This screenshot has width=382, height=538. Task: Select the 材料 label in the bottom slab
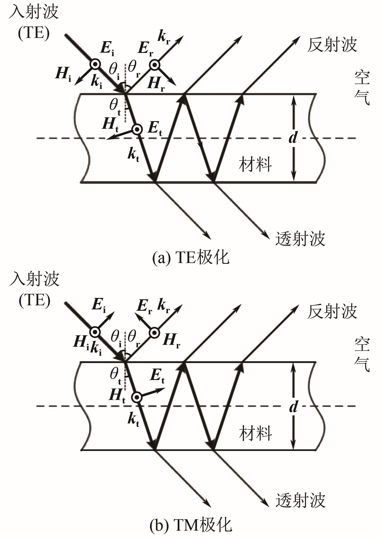(x=255, y=434)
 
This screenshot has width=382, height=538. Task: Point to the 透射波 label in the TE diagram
(x=300, y=239)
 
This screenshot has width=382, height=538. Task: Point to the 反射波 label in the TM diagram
(x=332, y=311)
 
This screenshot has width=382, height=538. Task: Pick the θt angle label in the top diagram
(x=115, y=107)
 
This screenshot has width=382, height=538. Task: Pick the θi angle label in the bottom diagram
(x=116, y=339)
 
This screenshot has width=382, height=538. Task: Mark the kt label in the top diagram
(x=134, y=156)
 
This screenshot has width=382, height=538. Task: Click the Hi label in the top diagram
(x=63, y=74)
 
